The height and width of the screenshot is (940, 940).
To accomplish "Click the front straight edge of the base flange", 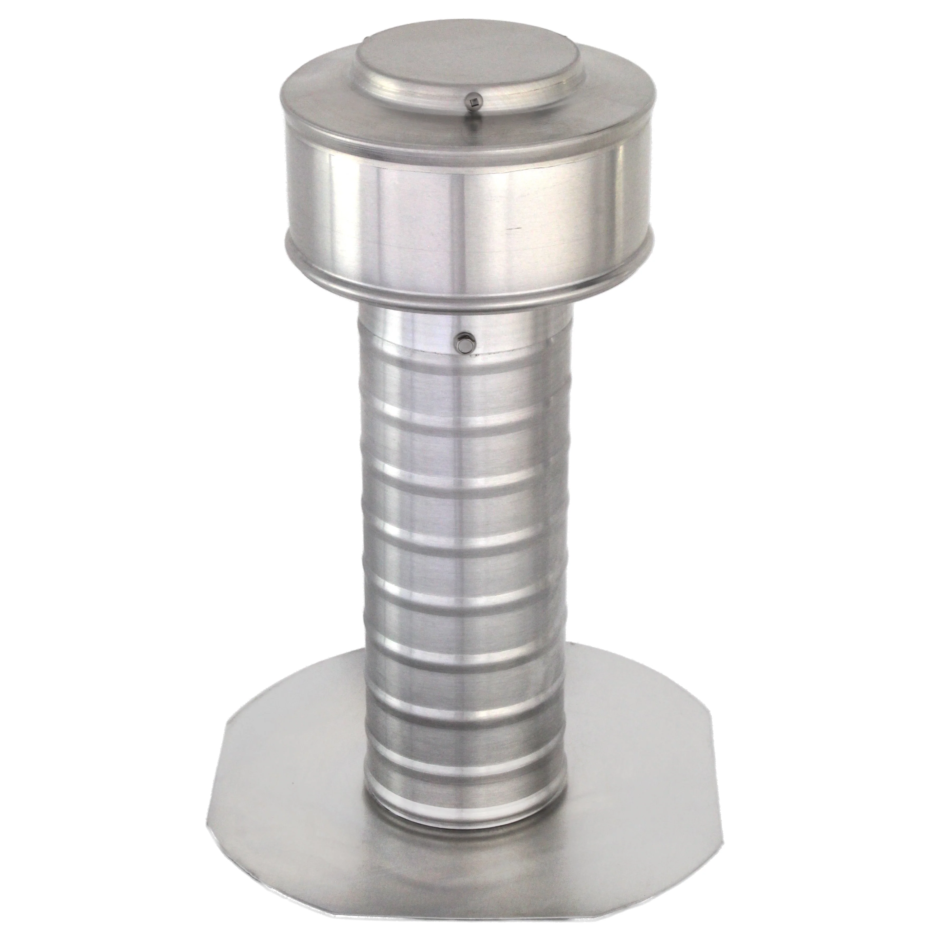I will pyautogui.click(x=467, y=927).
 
